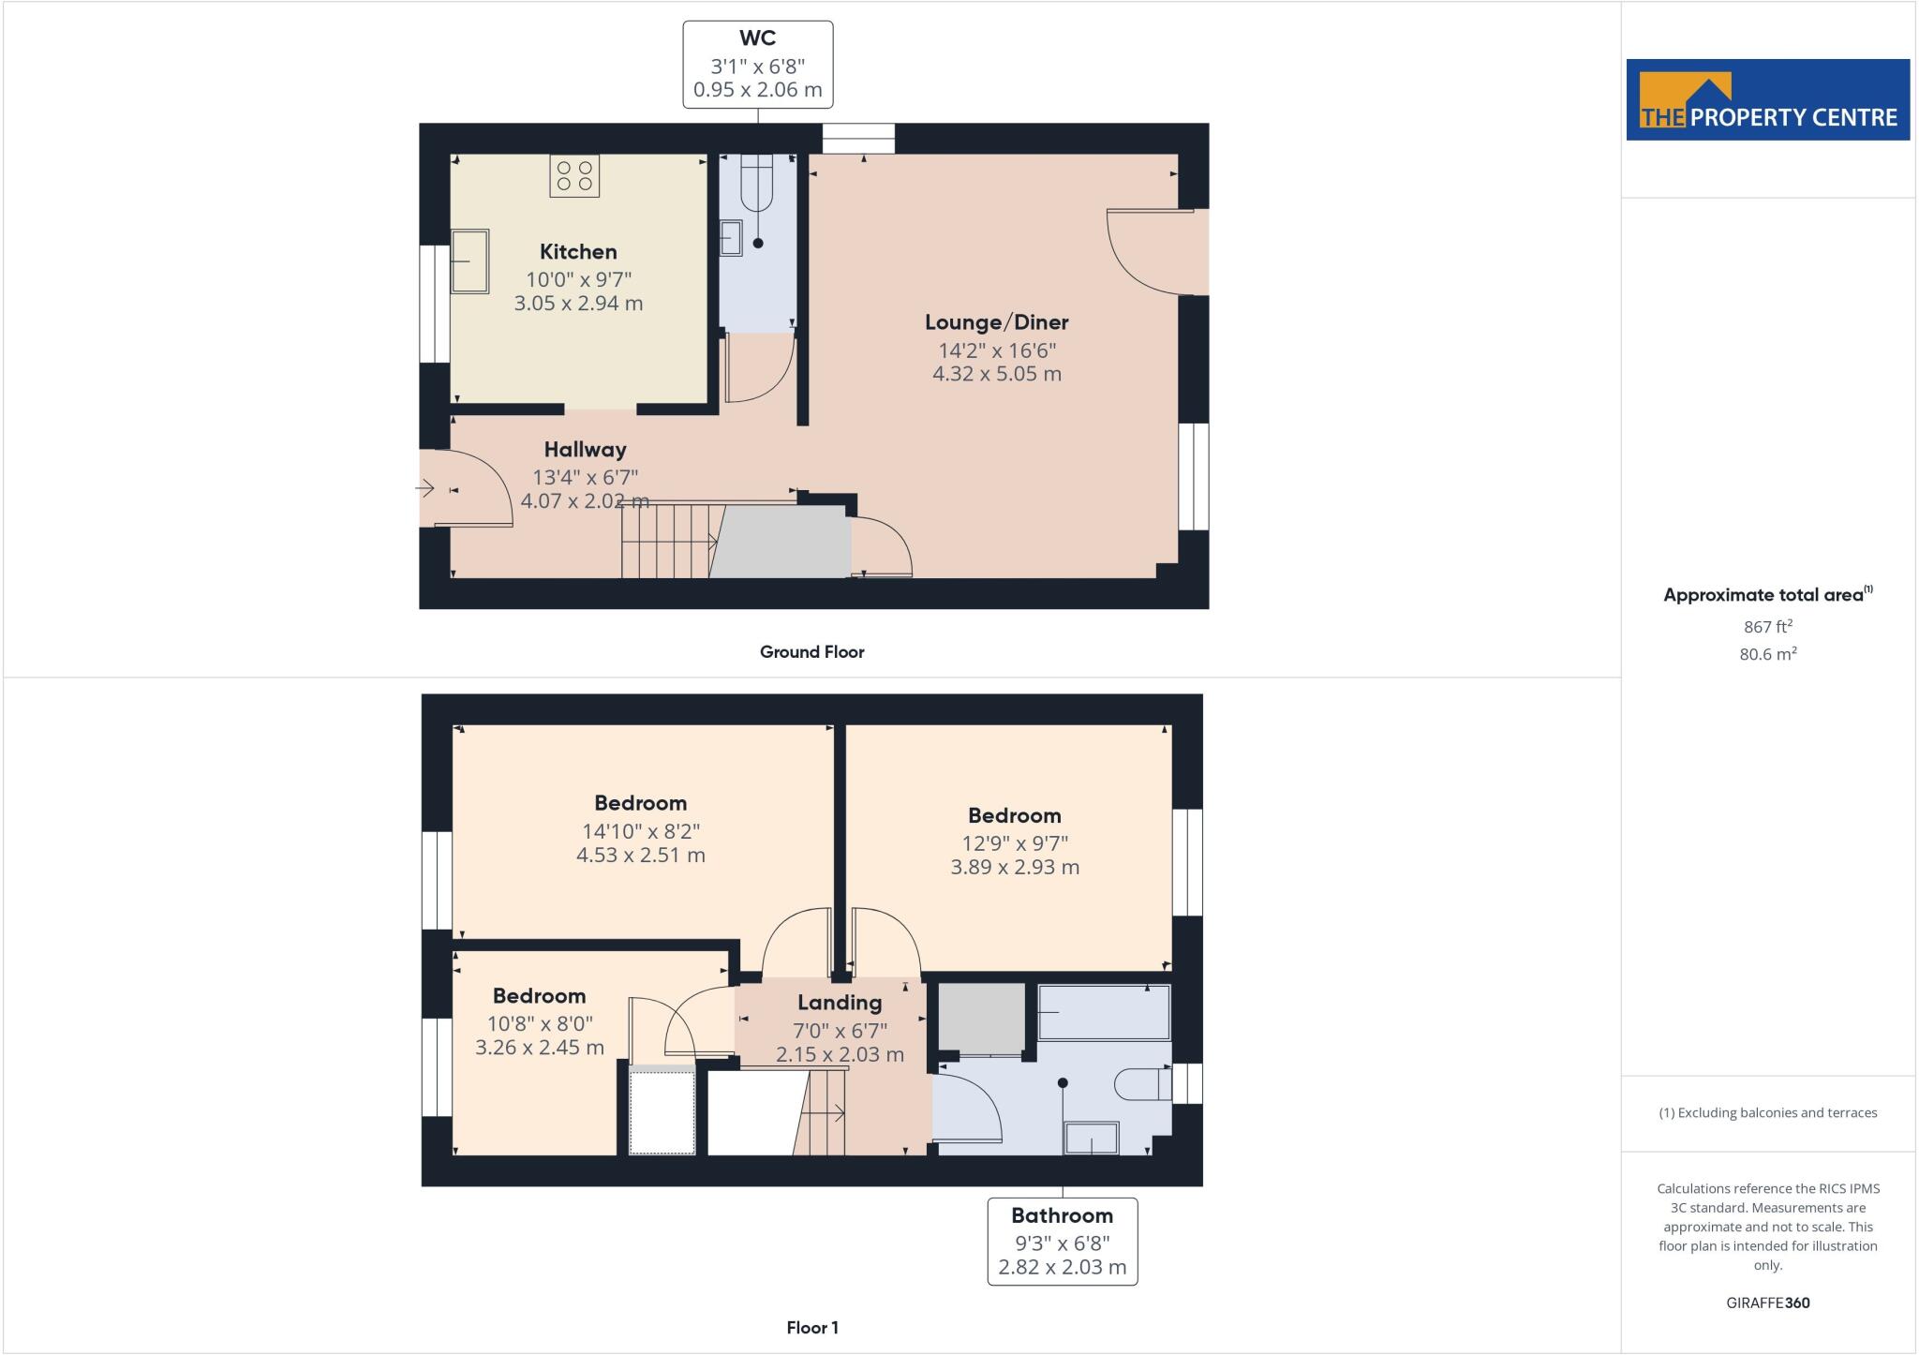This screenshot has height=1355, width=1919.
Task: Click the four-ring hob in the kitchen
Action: coord(574,176)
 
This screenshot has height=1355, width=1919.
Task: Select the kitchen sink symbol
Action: coord(469,261)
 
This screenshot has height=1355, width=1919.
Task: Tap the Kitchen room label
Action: coord(578,252)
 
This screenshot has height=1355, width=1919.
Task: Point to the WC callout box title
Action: coord(757,38)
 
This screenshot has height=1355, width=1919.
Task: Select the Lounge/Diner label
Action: coord(996,322)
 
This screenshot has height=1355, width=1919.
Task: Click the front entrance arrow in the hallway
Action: coord(425,488)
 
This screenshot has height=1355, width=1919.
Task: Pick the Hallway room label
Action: coord(585,450)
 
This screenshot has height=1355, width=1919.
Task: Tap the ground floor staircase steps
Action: coord(665,542)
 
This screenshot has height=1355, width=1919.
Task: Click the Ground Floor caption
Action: coord(811,652)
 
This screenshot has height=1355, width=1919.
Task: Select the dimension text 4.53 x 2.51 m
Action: coord(640,856)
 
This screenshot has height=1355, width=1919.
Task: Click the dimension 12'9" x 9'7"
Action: coord(1015,842)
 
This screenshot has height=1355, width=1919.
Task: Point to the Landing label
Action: coord(840,1003)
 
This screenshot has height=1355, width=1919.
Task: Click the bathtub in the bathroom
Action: coord(1104,1012)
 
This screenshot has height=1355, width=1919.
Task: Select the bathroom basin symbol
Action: coord(1092,1138)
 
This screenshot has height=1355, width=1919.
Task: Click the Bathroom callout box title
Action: coord(1062,1216)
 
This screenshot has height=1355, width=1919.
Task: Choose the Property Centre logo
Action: coord(1767,100)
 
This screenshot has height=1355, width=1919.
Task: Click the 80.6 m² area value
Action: coord(1767,654)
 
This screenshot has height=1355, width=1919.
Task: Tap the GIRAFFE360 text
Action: coord(1767,1303)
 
